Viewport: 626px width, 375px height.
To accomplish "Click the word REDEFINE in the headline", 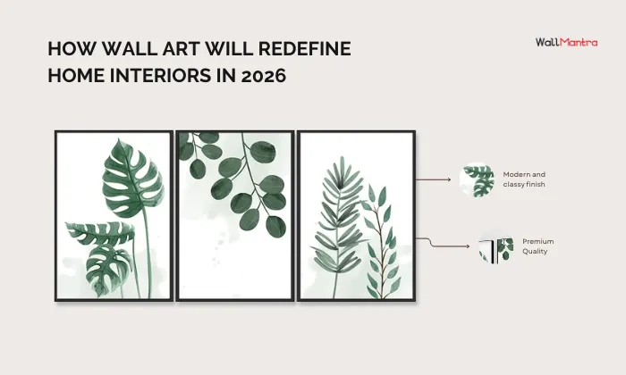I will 303,48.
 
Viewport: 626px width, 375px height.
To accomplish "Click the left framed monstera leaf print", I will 114,215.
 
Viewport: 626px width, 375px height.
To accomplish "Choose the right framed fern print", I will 356,215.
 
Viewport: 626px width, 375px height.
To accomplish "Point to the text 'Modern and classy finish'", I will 524,179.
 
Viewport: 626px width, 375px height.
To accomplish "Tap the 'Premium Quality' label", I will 538,246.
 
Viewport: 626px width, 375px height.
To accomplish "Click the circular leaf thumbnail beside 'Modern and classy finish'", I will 477,180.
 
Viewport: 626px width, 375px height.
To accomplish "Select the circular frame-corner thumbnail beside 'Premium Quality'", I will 495,249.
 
